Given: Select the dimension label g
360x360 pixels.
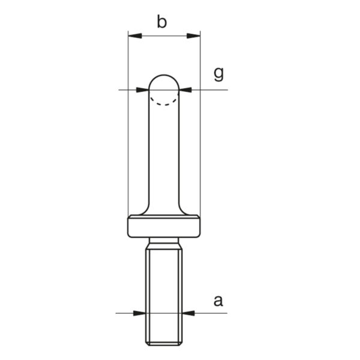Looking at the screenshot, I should tap(218, 73).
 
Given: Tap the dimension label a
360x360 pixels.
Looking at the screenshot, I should tap(218, 300).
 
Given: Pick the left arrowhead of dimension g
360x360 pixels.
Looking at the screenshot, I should tap(142, 90).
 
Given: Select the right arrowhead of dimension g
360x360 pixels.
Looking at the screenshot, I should tap(185, 90).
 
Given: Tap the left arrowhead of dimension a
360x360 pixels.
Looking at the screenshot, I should tap(140, 313).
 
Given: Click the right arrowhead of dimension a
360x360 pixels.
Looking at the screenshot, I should tap(187, 313).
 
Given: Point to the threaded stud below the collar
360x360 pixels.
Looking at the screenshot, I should tap(164, 288).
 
